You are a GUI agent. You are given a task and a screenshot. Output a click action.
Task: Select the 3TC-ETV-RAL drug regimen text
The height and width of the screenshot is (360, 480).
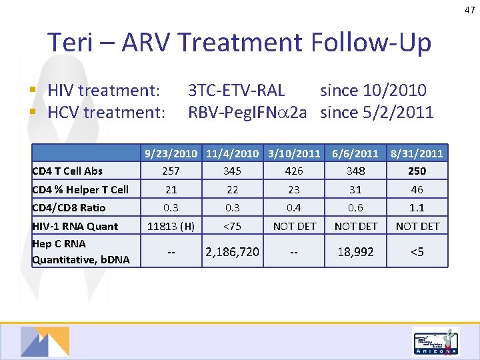(x=236, y=90)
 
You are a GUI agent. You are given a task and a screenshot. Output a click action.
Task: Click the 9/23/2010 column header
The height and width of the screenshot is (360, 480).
(x=172, y=153)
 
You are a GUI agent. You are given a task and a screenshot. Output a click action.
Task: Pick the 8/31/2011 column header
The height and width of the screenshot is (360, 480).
(x=417, y=153)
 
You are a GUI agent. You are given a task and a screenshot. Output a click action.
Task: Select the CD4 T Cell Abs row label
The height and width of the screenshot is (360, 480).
(x=67, y=171)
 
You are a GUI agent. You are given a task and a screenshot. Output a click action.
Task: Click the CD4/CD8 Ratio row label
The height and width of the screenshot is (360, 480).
(x=69, y=207)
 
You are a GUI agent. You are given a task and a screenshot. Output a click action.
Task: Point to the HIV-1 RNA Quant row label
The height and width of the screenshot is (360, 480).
(x=75, y=226)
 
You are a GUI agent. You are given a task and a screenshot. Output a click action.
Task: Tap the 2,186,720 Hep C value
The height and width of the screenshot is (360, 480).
(x=233, y=251)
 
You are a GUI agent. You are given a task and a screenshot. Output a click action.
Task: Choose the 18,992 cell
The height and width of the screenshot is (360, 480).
(x=356, y=251)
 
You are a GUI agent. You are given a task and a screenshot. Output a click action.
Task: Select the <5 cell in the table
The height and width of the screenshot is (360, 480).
(x=417, y=251)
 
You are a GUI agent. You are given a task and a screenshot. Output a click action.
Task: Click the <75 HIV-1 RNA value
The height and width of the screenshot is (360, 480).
(x=233, y=226)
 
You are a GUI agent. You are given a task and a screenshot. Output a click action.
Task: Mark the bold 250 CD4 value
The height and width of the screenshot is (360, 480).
(x=417, y=171)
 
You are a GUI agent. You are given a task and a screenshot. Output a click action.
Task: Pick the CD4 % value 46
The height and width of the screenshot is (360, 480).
(x=417, y=189)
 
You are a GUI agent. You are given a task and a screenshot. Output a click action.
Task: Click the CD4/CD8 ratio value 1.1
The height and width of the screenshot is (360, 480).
(x=417, y=207)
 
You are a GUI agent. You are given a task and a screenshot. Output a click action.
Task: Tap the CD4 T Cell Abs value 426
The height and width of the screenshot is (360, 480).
(x=294, y=171)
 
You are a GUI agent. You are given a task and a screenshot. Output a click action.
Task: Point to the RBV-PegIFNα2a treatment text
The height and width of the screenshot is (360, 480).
(x=247, y=112)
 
